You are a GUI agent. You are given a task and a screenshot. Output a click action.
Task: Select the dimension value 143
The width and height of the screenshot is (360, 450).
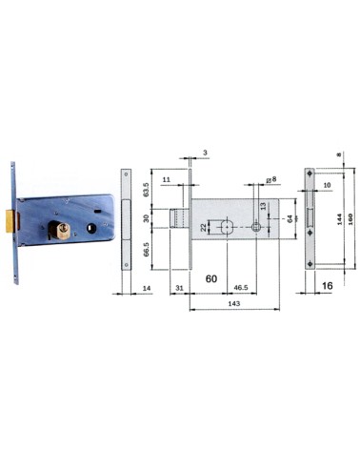[233, 303]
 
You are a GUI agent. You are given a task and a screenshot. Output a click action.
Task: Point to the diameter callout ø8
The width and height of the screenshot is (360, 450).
[270, 177]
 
